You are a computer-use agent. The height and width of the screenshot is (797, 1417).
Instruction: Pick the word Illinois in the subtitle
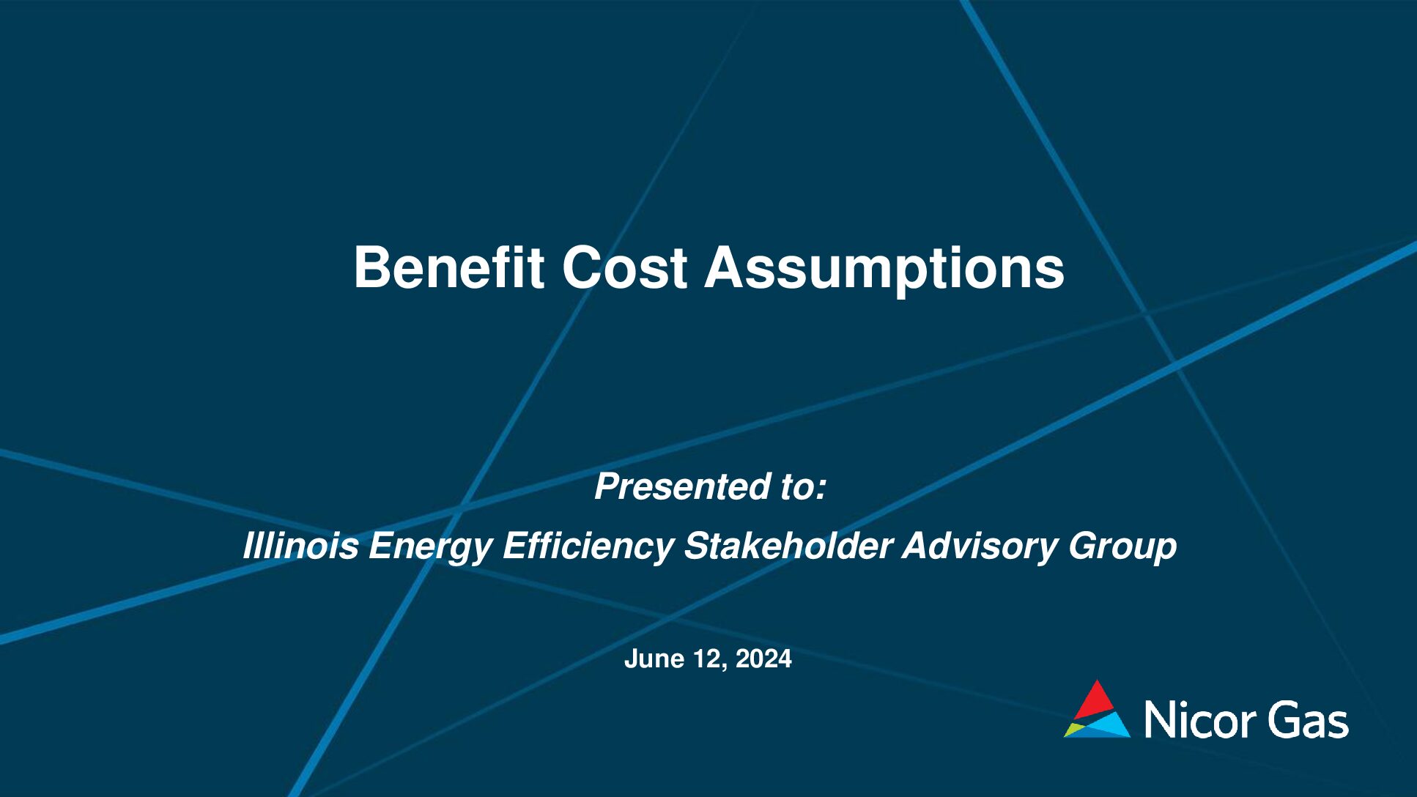(300, 546)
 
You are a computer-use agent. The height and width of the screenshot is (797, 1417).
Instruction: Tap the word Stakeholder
(788, 546)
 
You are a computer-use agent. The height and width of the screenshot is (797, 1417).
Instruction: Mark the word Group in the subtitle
(1122, 549)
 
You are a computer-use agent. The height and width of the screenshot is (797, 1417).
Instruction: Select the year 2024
(763, 659)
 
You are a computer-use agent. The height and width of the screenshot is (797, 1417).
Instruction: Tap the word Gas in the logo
(1309, 719)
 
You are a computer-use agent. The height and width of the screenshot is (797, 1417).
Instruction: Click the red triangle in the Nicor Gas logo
(1095, 700)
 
